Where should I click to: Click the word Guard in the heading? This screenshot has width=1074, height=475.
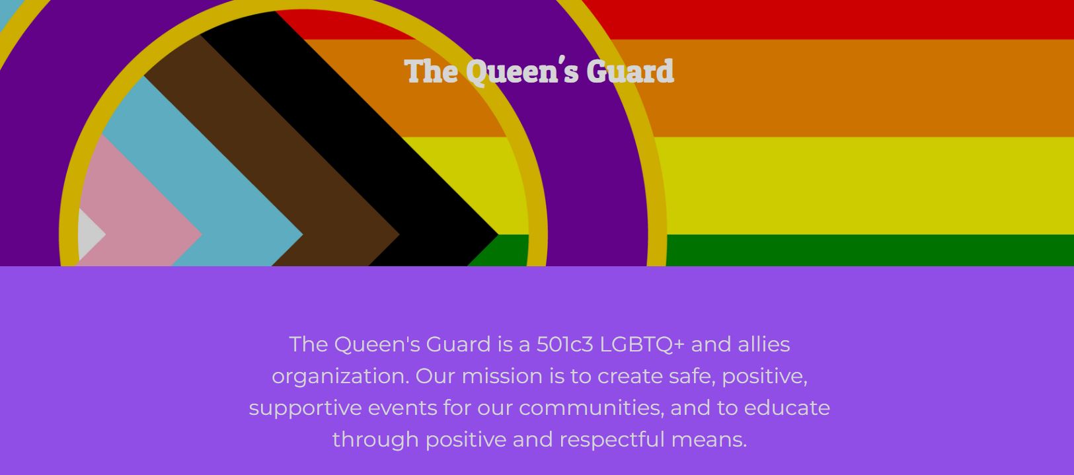tap(630, 71)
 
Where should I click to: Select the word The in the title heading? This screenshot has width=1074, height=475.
tap(430, 71)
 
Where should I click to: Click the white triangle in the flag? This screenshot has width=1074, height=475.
tap(91, 235)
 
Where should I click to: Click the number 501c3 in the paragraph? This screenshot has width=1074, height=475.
tap(565, 344)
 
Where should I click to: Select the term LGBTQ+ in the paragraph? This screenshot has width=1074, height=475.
tap(642, 345)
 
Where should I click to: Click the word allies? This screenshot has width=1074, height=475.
tap(764, 344)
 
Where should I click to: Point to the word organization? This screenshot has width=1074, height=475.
tap(340, 377)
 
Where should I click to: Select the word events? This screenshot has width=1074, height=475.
tap(403, 408)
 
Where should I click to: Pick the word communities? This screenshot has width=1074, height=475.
tap(591, 408)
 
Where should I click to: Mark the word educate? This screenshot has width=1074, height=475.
tap(786, 408)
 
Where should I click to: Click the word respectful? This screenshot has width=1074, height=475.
tap(612, 440)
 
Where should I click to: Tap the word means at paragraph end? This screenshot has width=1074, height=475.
tap(709, 440)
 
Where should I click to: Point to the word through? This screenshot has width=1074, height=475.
tap(375, 440)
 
